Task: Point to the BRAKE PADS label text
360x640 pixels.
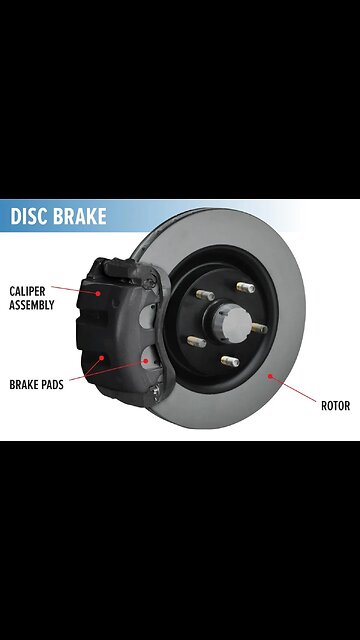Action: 37,384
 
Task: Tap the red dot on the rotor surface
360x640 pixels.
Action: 270,377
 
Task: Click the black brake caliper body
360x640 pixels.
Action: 115,330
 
